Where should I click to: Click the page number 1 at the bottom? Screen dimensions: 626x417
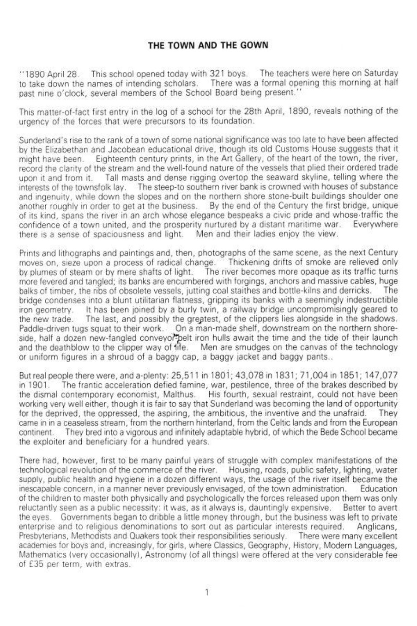click(x=208, y=591)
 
